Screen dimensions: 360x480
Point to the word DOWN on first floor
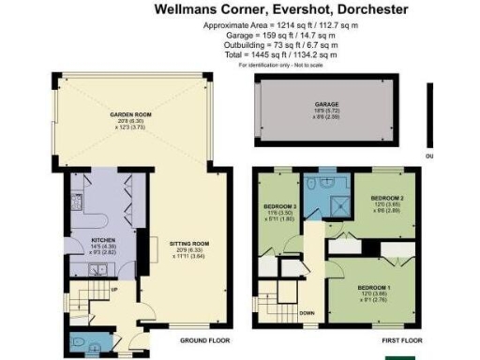306,314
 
